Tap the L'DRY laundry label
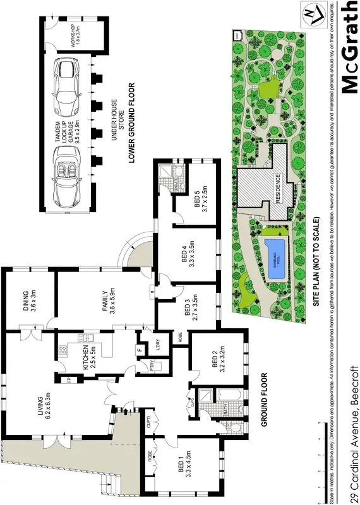152,345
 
